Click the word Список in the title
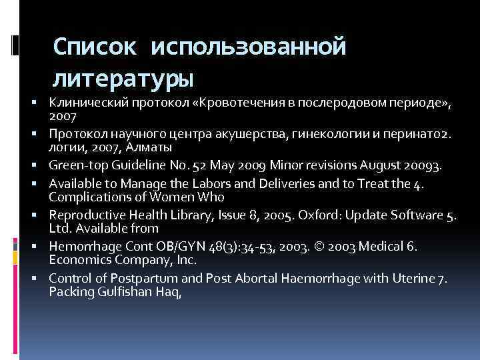[93, 47]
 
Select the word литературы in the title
[124, 80]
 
